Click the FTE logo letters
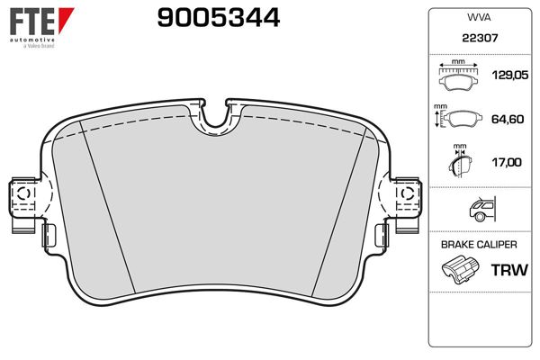coord(32,22)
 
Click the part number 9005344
coord(219,18)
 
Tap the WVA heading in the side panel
coord(479,17)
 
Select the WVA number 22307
coord(480,38)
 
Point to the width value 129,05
coord(509,75)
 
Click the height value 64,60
coord(508,119)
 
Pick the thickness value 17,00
coord(507,162)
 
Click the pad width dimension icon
coord(458,76)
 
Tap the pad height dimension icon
coord(458,116)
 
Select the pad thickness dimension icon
coord(460,161)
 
